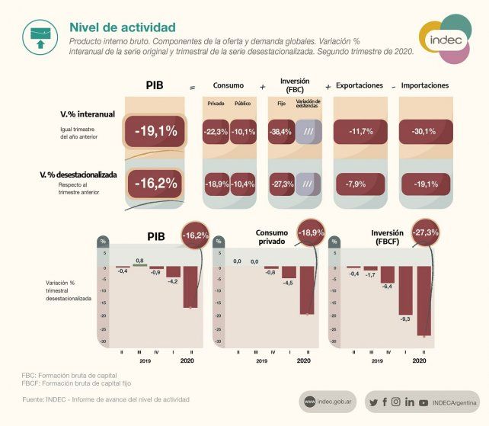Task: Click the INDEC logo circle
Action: [x=445, y=38]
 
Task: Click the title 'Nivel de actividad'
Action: [x=122, y=27]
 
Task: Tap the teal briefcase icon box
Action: [x=38, y=34]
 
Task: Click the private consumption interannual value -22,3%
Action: [x=216, y=132]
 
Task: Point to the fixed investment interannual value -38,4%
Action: [x=280, y=132]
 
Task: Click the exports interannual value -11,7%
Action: [x=360, y=132]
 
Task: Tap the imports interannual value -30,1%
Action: [x=424, y=132]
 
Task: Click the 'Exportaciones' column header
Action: [x=359, y=85]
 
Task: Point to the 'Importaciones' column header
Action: [x=424, y=85]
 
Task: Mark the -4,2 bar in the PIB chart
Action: [x=174, y=272]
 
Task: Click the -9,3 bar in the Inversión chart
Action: [x=406, y=291]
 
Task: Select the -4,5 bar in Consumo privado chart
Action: [x=289, y=272]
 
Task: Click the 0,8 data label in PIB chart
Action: [x=139, y=261]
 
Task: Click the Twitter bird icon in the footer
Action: [x=373, y=402]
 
